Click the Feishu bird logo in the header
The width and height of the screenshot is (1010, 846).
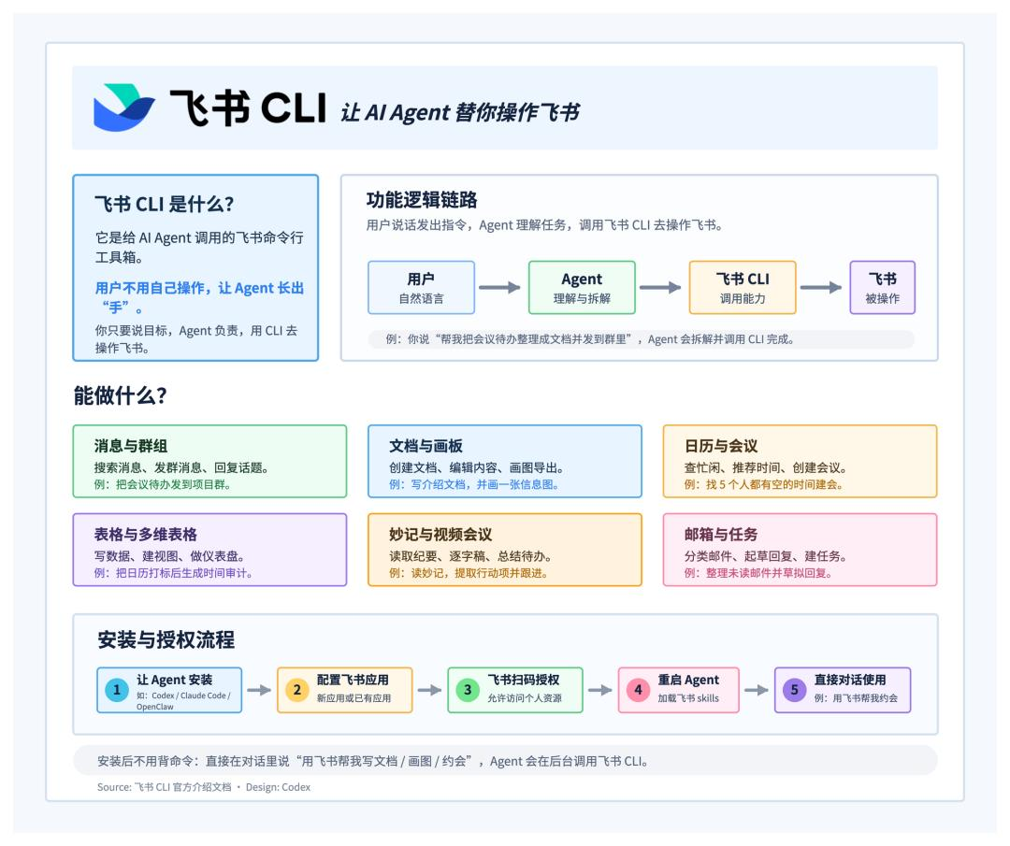124,108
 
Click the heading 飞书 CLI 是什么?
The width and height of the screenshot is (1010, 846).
165,204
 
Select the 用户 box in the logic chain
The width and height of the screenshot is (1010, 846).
421,287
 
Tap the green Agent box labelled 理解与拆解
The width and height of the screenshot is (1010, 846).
582,287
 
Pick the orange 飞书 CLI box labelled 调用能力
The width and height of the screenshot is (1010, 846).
743,287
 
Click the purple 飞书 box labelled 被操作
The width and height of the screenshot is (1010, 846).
883,287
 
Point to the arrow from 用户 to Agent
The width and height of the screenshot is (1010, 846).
499,287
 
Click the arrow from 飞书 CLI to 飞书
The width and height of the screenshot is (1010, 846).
821,287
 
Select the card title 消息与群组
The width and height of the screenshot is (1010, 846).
131,446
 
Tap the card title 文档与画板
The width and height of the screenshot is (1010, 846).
426,446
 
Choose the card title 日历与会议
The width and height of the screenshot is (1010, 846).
721,446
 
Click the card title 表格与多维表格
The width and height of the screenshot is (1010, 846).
146,534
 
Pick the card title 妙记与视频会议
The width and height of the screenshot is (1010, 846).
440,534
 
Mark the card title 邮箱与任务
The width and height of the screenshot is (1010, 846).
721,534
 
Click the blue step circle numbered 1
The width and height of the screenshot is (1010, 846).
117,690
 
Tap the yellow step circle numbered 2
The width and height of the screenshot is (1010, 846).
297,690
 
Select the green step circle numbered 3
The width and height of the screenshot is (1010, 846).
468,690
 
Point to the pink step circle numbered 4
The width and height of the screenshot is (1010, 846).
639,690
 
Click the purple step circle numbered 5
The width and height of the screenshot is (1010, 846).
794,690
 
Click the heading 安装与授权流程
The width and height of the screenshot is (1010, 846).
166,639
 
